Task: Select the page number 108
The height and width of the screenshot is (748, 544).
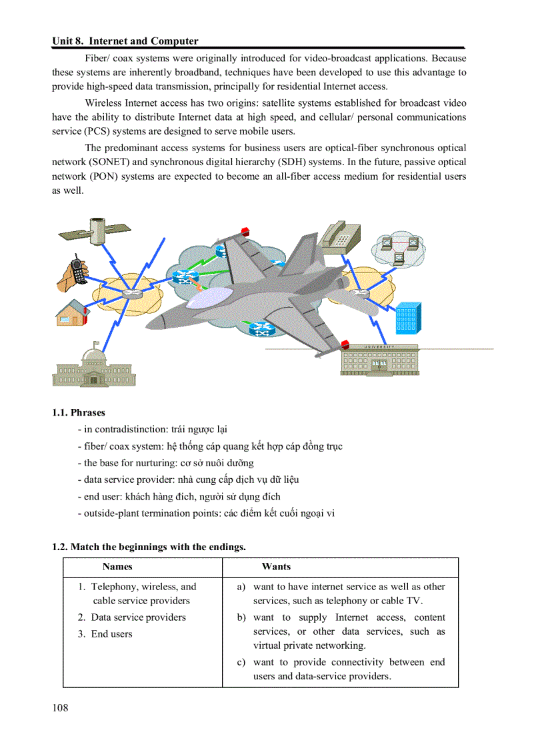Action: click(x=60, y=707)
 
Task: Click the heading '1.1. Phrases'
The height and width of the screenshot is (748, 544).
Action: click(x=79, y=412)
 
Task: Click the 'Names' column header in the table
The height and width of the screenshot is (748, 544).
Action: click(x=117, y=567)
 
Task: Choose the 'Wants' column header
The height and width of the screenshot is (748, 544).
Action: click(x=276, y=567)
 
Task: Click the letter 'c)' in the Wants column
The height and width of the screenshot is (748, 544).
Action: click(x=241, y=662)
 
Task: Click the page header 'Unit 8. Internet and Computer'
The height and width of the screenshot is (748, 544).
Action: click(x=125, y=41)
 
